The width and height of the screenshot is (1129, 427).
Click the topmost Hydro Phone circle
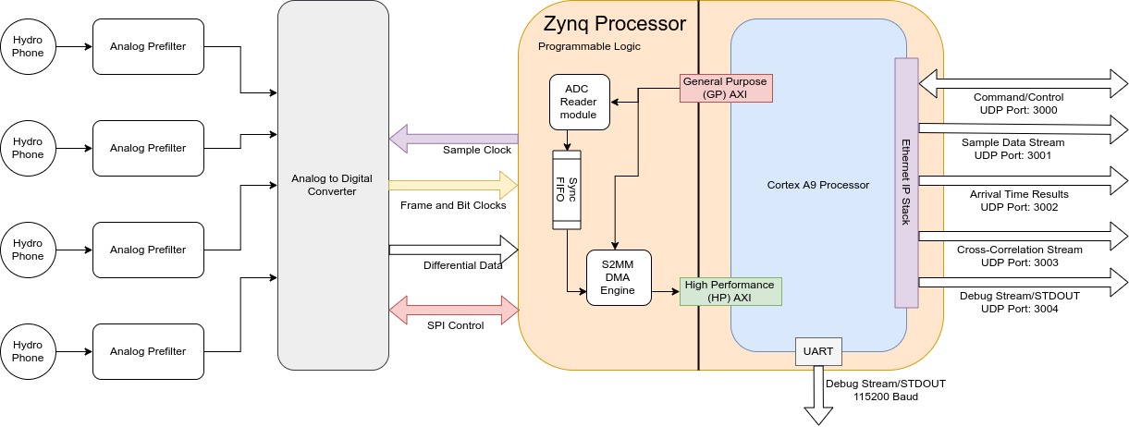point(28,46)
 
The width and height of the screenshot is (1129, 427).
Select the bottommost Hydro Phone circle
point(28,351)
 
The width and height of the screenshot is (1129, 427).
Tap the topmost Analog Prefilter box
point(148,46)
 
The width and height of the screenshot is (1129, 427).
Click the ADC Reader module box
point(580,102)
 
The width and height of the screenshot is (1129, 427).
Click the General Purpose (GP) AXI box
point(727,88)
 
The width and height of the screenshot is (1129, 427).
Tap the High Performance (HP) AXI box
point(730,291)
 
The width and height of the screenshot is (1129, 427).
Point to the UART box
point(817,351)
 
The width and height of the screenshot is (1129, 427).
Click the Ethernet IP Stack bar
point(906,183)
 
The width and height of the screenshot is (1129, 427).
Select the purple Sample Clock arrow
point(453,140)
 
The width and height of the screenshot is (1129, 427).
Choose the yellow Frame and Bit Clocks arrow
point(453,185)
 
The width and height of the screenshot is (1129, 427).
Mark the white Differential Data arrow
point(453,248)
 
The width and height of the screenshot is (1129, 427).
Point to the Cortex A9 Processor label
point(818,185)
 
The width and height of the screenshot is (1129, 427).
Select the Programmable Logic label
point(589,46)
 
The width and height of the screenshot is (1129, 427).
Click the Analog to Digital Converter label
point(333,185)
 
